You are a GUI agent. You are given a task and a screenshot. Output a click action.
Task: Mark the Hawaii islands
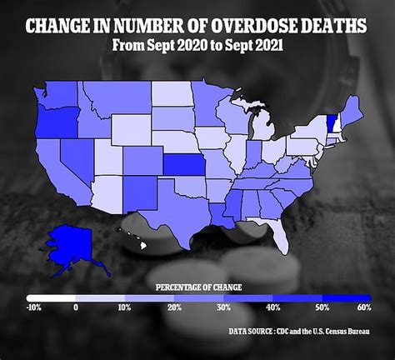135,240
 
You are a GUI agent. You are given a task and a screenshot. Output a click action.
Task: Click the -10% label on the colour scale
32,308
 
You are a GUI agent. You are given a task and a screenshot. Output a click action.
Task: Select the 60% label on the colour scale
362,308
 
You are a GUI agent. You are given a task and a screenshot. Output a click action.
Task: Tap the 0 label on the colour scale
76,308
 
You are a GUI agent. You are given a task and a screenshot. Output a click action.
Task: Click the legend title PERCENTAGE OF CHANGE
198,287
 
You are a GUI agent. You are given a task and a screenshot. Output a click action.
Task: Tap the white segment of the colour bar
51,297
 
